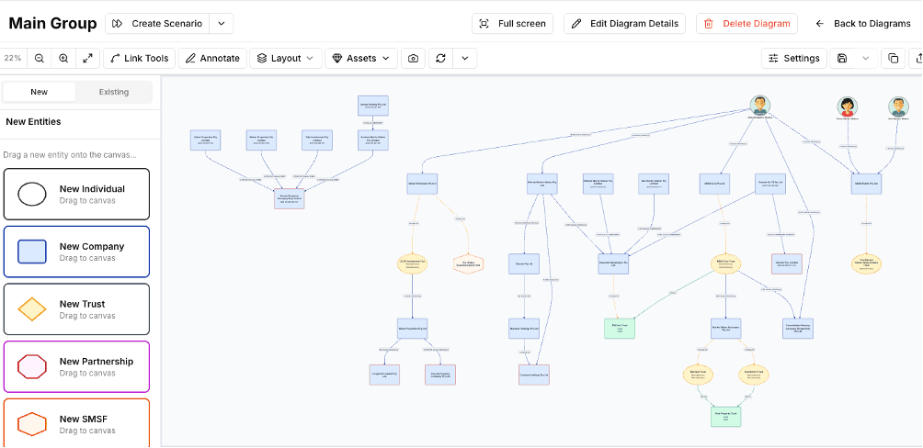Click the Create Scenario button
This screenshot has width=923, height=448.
coord(157,24)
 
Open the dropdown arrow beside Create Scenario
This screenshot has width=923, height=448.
coord(221,24)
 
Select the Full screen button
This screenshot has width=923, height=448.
coord(512,24)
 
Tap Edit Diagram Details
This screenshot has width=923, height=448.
coord(625,24)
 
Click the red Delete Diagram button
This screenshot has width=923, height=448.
coord(746,24)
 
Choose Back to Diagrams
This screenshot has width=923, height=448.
coord(862,24)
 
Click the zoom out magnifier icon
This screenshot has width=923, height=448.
coord(40,58)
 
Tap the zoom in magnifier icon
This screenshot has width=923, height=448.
coord(63,58)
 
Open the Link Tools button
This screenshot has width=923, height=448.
coord(139,58)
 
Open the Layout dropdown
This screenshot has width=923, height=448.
coord(285,58)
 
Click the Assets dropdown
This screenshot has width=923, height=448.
coord(360,58)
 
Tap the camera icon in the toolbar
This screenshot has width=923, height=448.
coord(414,58)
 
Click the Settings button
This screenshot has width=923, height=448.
coord(793,58)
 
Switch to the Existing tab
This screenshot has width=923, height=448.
coord(114,92)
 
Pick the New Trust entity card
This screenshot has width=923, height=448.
coord(76,309)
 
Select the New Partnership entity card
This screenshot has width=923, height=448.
coord(76,366)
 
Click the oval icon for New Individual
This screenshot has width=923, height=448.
coord(32,194)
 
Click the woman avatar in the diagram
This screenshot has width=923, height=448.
coord(847,106)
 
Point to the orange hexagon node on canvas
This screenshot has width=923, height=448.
coord(468,263)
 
